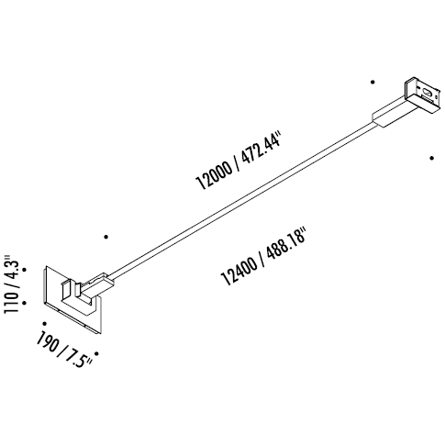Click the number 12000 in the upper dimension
214,175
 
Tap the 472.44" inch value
261,149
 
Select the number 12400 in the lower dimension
239,271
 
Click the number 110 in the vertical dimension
11,302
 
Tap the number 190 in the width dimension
47,342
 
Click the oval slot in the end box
427,92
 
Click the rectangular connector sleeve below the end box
395,112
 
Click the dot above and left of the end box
373,82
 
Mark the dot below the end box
431,158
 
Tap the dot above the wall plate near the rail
106,237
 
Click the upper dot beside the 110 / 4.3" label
25,270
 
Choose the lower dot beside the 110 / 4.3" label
25,303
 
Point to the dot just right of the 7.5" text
96,353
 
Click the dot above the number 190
45,323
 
